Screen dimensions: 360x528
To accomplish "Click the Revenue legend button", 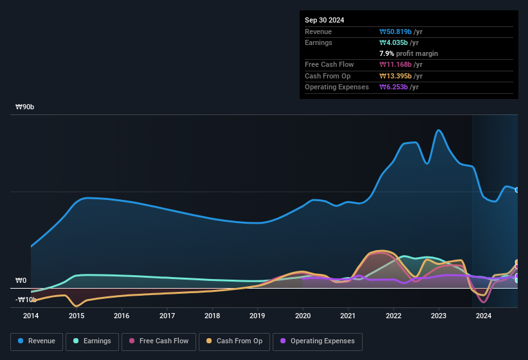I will [x=37, y=341].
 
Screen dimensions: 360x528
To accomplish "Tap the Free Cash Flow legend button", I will [x=159, y=341].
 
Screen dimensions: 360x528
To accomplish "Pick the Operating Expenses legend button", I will [x=317, y=341].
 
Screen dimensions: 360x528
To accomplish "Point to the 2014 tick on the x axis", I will [x=31, y=316].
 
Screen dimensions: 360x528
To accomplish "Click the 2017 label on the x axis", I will [x=167, y=316].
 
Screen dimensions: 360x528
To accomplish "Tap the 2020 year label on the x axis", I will [x=303, y=316].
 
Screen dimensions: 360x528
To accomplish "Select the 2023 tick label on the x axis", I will [x=439, y=316].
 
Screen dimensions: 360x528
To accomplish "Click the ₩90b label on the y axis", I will [x=25, y=107].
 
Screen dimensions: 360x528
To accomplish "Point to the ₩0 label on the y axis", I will [x=21, y=281].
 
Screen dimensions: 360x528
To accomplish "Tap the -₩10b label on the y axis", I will [x=26, y=300].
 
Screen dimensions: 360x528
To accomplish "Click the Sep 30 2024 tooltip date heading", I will [x=324, y=20].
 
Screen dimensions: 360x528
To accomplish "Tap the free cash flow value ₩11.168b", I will [x=401, y=65].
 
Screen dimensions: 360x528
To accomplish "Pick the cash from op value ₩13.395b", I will [x=401, y=76].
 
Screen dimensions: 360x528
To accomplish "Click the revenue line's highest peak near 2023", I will [x=439, y=130].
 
